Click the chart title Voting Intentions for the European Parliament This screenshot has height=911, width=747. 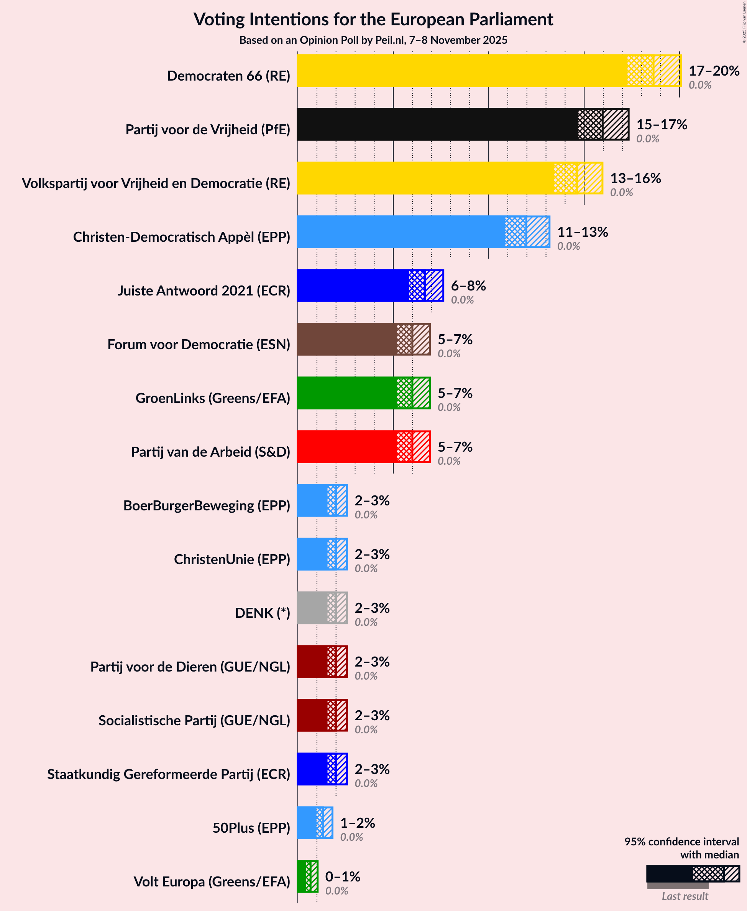pos(373,20)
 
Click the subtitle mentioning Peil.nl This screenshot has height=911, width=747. pos(373,40)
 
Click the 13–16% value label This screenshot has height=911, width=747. pos(635,178)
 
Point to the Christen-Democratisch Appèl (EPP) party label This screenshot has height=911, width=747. pos(182,237)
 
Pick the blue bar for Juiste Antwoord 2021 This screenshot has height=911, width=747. pos(353,286)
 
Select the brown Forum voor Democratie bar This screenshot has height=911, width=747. pos(347,339)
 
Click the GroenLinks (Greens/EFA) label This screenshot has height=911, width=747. pos(213,398)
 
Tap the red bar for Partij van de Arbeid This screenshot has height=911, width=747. pos(347,447)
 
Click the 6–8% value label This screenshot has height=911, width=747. pos(468,286)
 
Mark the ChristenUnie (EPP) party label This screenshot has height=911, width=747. pos(232,559)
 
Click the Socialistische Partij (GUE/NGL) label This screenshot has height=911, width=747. pos(194,720)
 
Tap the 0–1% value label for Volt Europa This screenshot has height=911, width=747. pos(343,876)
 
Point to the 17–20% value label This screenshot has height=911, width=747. pos(713,71)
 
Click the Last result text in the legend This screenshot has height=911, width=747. pos(685,896)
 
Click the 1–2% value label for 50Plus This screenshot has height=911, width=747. pos(358,823)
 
